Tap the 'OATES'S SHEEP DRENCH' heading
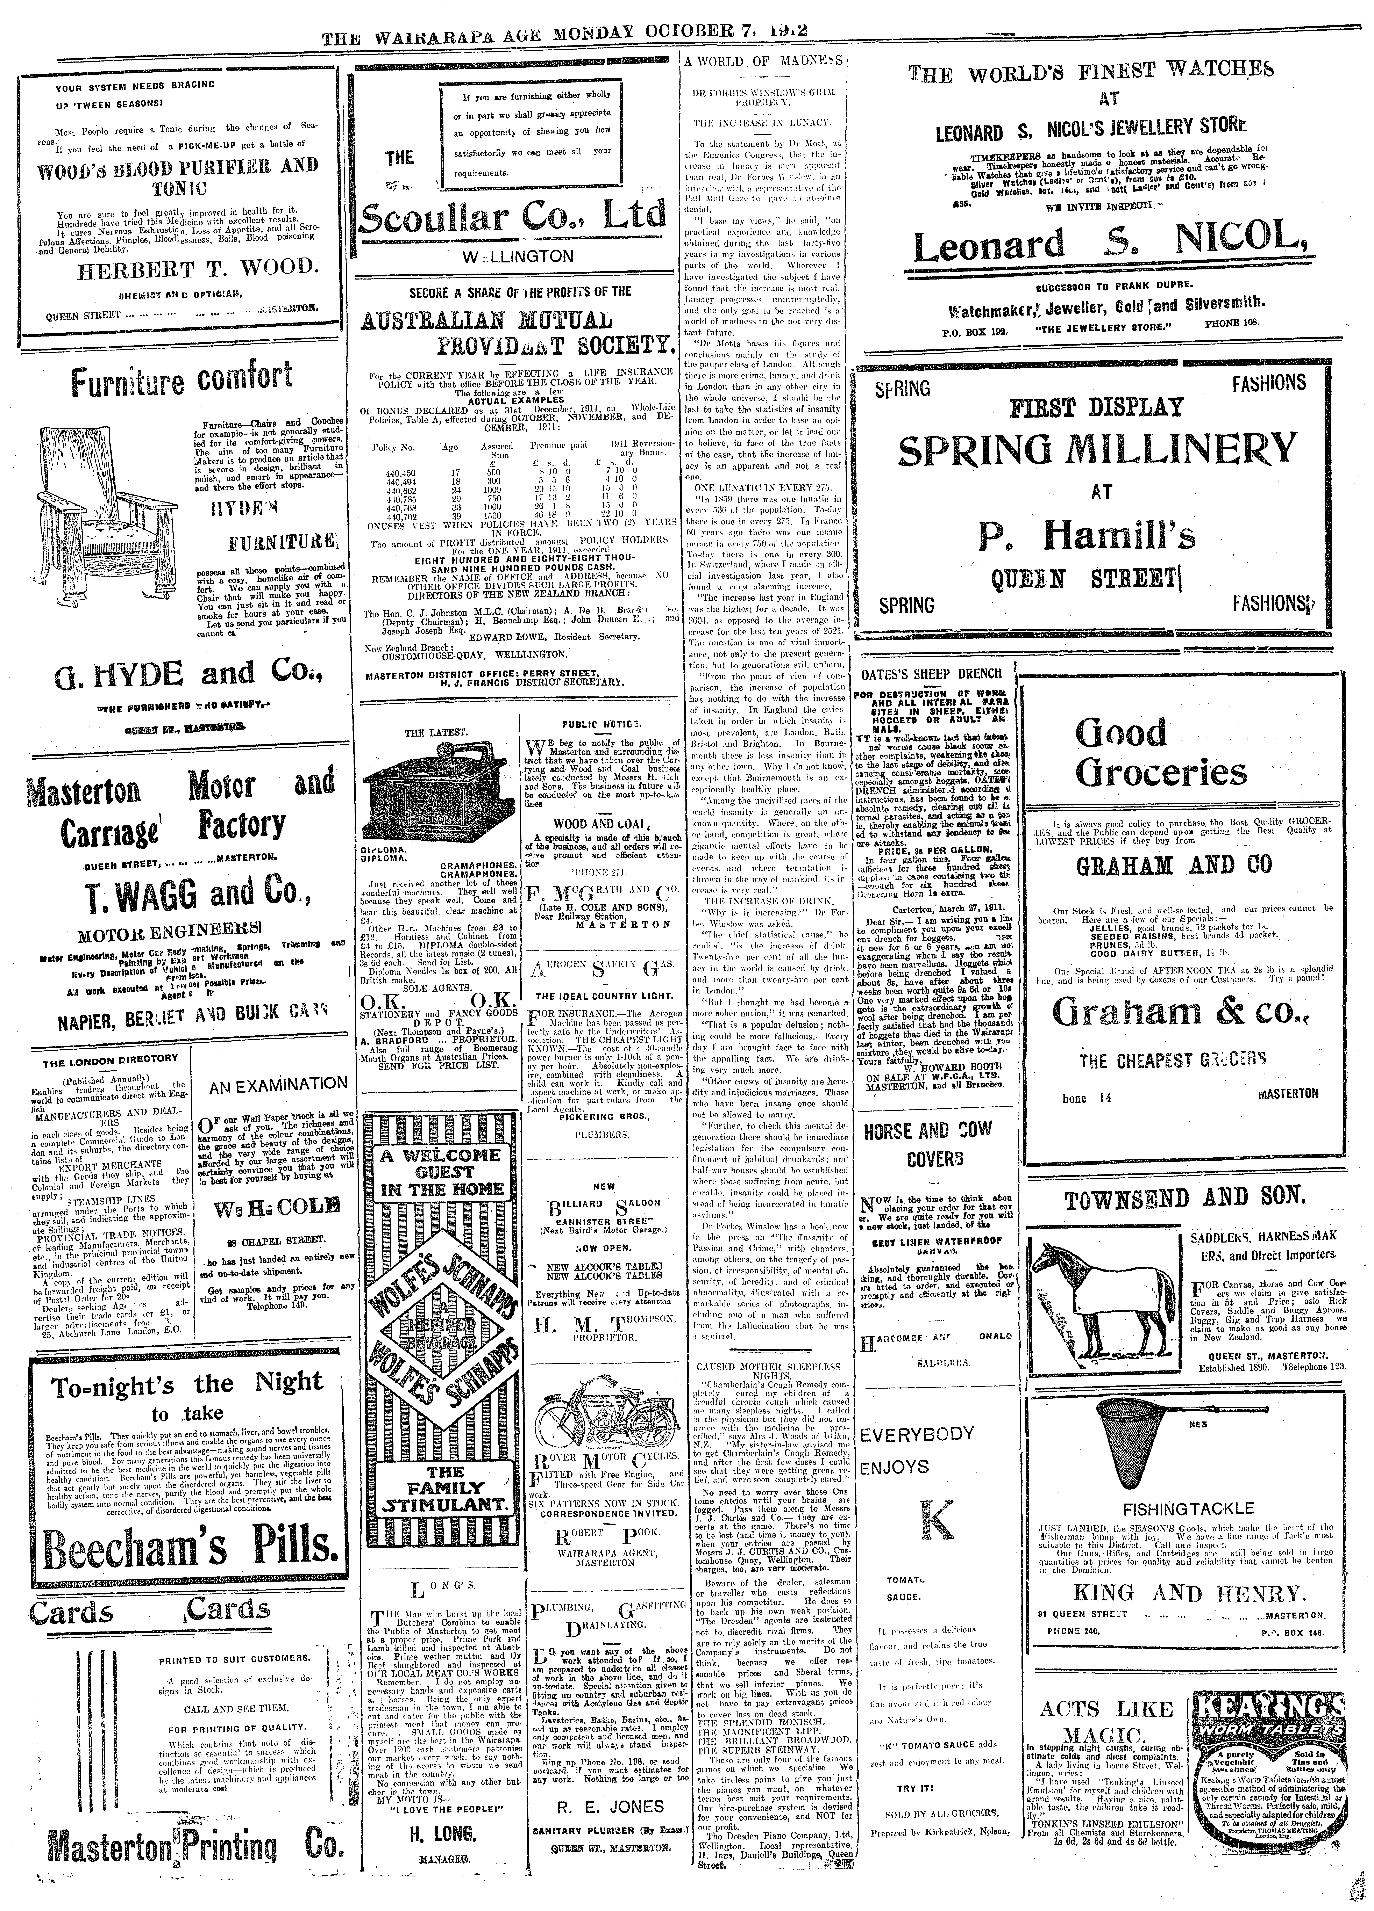click(931, 673)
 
